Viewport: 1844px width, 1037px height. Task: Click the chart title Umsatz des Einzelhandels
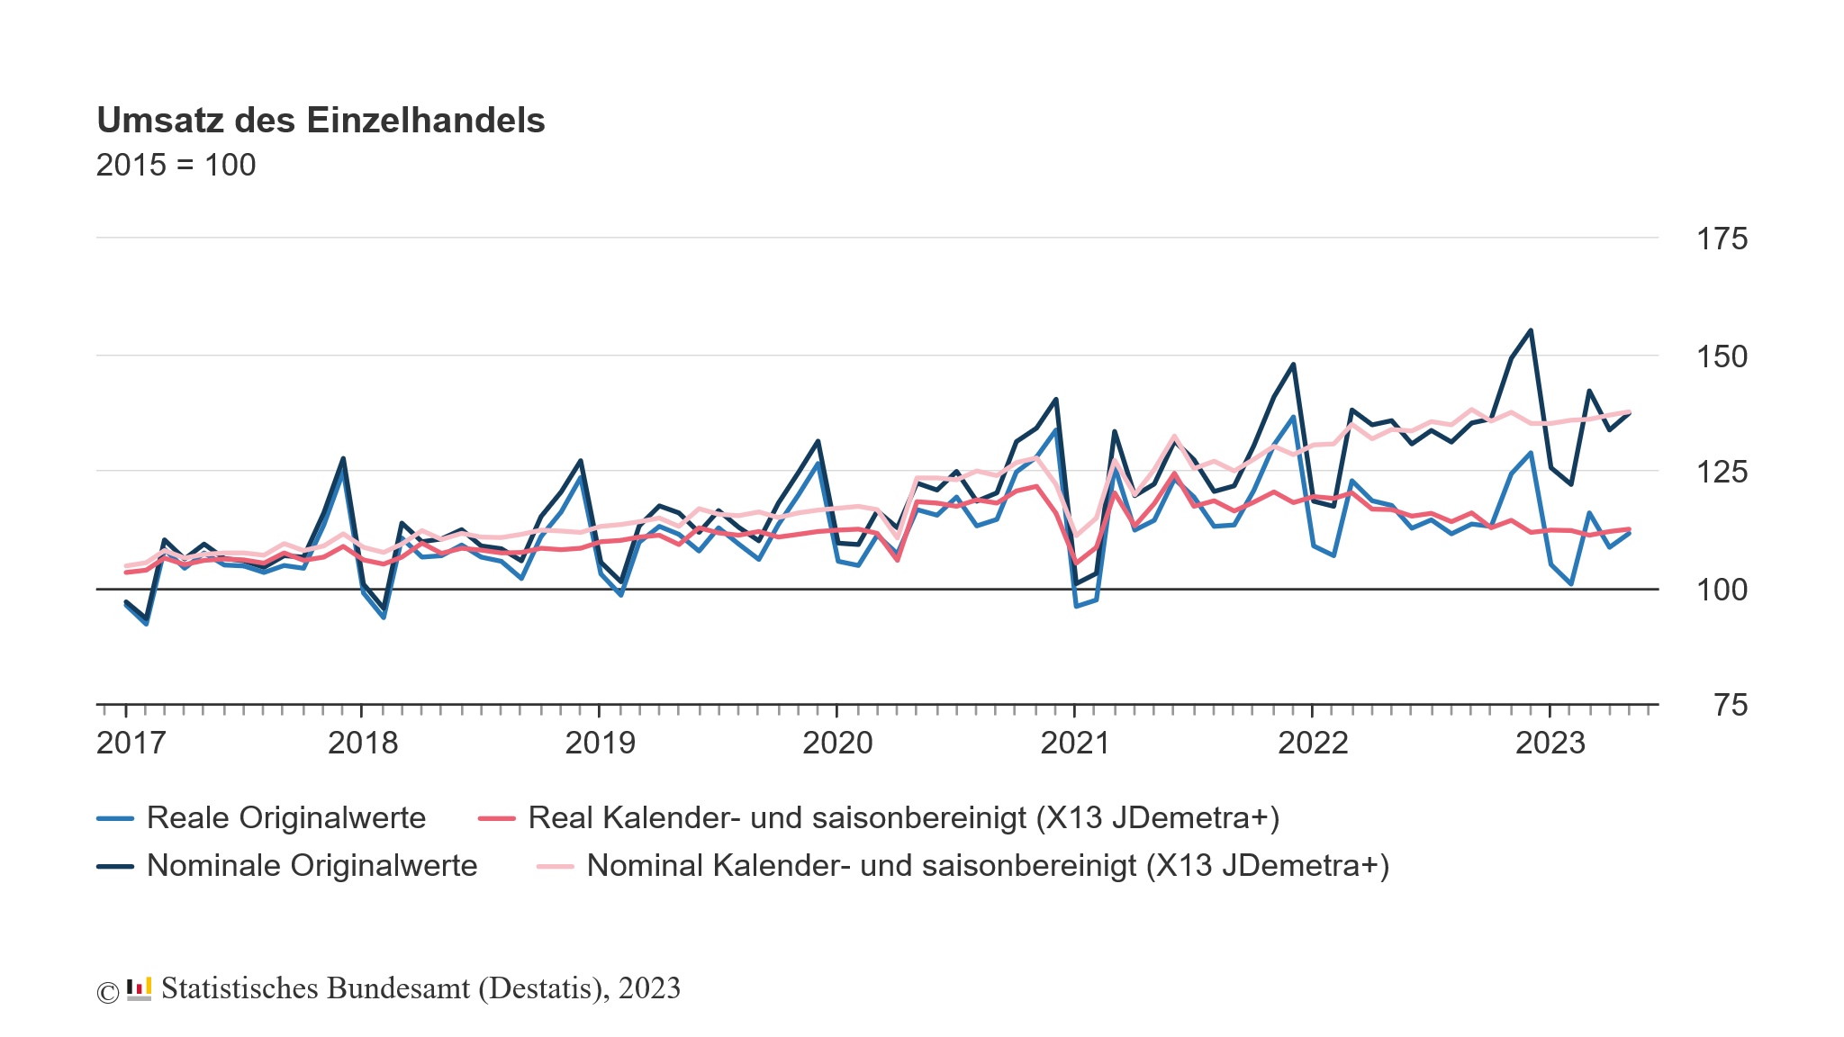[x=321, y=121]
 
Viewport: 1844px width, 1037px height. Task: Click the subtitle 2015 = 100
[x=176, y=166]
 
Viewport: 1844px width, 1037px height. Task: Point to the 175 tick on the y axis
[x=1721, y=239]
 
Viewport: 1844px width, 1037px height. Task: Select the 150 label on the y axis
[x=1721, y=357]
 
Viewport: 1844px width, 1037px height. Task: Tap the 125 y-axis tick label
[x=1721, y=472]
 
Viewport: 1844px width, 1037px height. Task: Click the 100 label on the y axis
[x=1721, y=591]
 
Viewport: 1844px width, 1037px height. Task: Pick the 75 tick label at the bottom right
[x=1730, y=706]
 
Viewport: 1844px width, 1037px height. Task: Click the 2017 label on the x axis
[x=131, y=744]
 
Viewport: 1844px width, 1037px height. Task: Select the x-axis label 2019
[x=600, y=744]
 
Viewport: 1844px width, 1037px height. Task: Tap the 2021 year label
[x=1075, y=744]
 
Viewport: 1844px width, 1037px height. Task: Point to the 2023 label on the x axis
[x=1550, y=744]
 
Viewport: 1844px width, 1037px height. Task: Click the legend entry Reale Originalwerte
[x=285, y=818]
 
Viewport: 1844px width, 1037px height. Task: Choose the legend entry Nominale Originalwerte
[x=312, y=866]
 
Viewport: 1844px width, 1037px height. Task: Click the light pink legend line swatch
[x=555, y=866]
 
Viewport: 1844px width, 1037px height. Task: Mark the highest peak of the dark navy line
[x=1531, y=330]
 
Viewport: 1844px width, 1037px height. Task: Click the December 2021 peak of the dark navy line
[x=1293, y=365]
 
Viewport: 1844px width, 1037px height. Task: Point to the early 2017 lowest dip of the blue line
[x=146, y=623]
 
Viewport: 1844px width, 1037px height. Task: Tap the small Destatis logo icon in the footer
[x=139, y=989]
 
